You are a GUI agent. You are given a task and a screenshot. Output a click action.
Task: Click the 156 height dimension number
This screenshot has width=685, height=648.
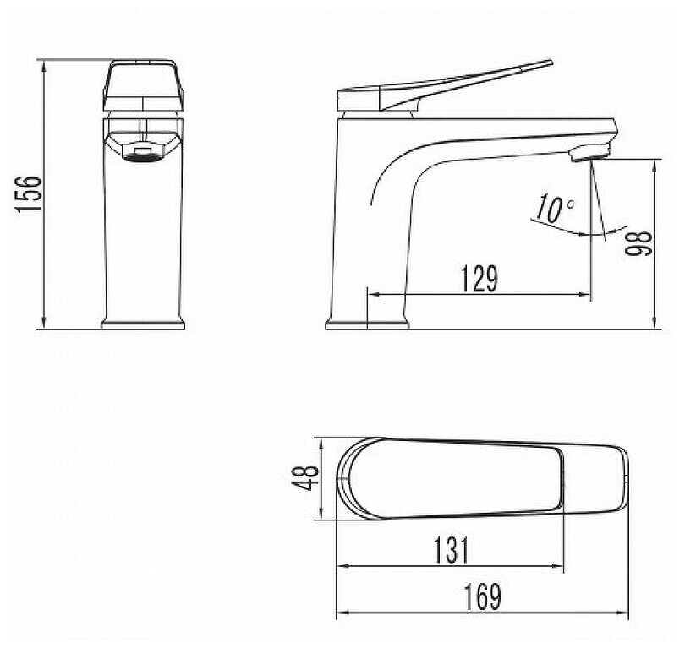pos(29,195)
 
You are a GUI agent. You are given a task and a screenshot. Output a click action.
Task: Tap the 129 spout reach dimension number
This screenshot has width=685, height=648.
pos(479,279)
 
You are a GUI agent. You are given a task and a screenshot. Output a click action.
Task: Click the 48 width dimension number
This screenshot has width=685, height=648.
pos(308,478)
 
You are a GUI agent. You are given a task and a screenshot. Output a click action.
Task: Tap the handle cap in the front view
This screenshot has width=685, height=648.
pos(143,84)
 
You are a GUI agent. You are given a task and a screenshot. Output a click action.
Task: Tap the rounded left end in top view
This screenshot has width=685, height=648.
pos(347,478)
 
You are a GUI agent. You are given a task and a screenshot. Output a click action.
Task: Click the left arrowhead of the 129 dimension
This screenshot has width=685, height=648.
pos(372,295)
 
